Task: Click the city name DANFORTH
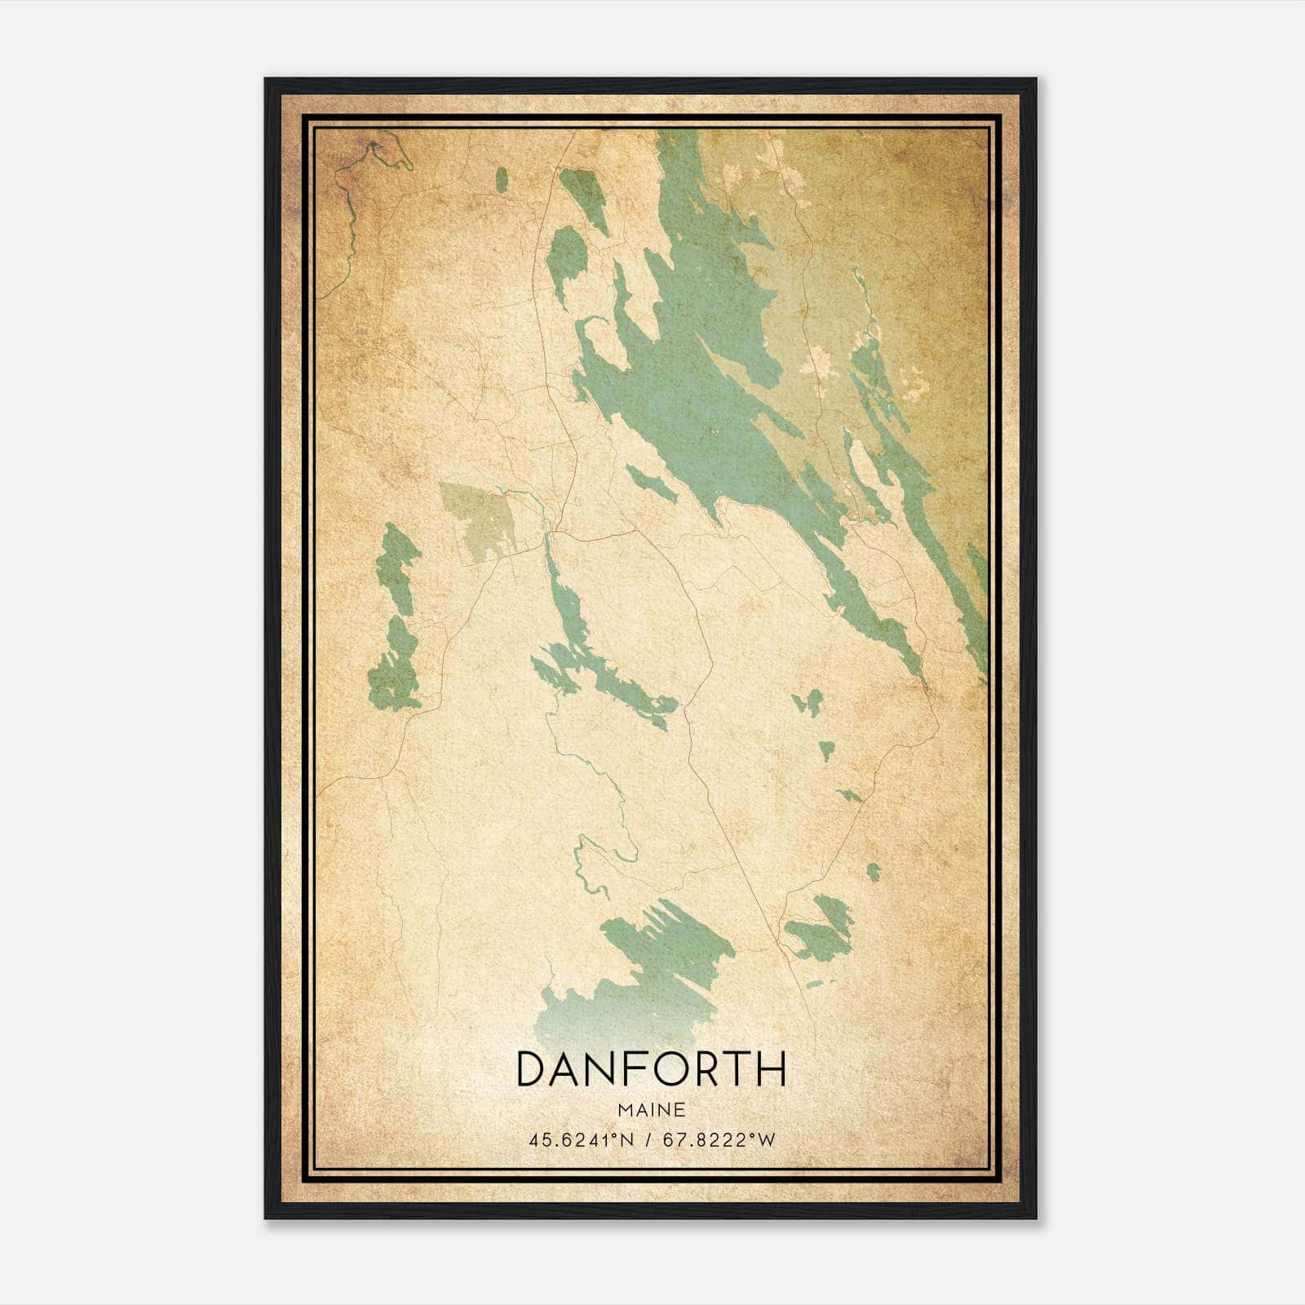[x=651, y=1068]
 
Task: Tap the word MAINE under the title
[x=651, y=1110]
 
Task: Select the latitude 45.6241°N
[x=582, y=1140]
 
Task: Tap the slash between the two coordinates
[x=649, y=1140]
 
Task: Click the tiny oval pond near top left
[x=502, y=180]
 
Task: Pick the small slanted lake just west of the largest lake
[x=651, y=481]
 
